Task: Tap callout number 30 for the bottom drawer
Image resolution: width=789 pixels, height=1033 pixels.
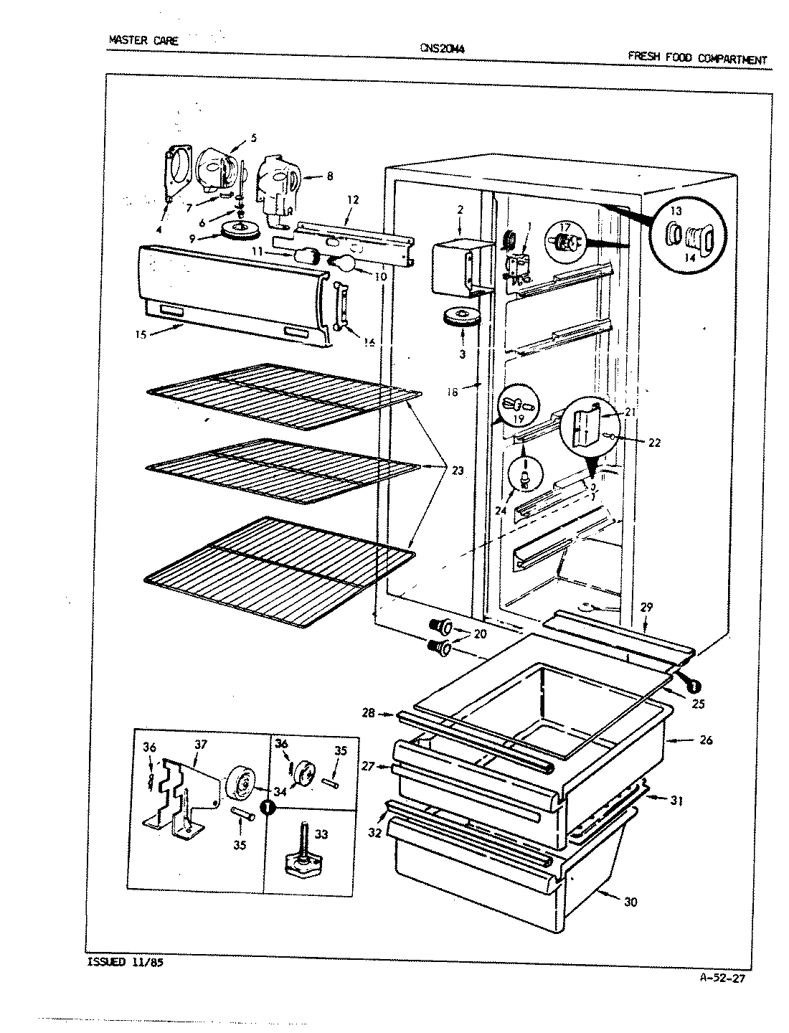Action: [630, 902]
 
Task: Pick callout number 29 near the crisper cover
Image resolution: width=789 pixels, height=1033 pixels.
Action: [646, 608]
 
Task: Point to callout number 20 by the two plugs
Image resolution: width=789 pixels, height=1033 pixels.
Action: [480, 634]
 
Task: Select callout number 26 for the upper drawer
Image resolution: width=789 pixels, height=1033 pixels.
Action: [706, 740]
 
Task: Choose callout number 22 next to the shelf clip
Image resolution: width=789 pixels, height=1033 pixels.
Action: [653, 443]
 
